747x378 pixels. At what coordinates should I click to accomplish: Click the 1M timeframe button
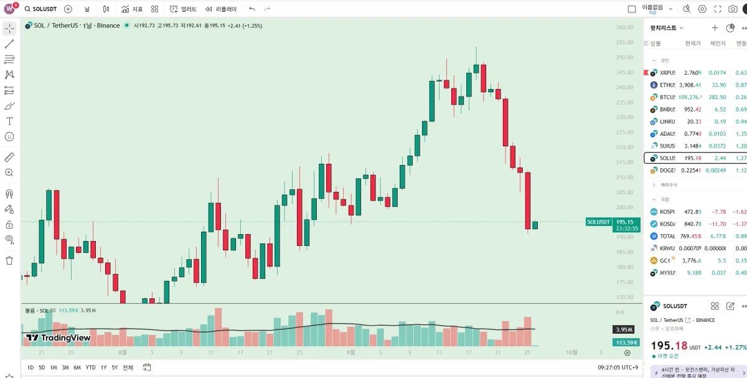(54, 367)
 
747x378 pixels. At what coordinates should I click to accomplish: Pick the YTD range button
(91, 367)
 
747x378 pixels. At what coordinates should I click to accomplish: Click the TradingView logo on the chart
(58, 338)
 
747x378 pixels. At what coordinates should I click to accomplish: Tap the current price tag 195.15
(625, 222)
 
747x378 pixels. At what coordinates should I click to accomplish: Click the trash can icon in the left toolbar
(9, 260)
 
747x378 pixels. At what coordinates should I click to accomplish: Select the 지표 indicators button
(132, 9)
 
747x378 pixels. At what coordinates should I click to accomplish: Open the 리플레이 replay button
(221, 9)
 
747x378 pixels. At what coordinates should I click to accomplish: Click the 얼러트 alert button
(184, 9)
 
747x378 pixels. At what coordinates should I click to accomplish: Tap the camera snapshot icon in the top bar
(733, 9)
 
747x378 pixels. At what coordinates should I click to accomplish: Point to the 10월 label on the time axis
(571, 352)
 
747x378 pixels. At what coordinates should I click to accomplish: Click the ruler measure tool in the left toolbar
(9, 157)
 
